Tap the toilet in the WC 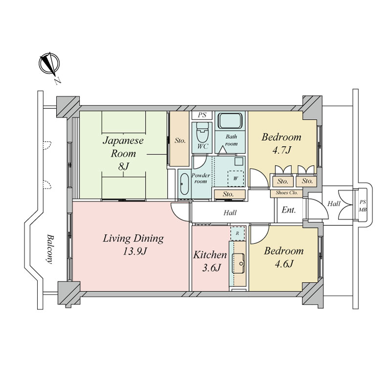pyautogui.click(x=202, y=132)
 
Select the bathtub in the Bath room pyautogui.click(x=230, y=121)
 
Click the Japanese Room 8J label pyautogui.click(x=123, y=153)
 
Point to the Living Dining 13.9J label pyautogui.click(x=133, y=245)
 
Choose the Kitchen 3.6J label pyautogui.click(x=210, y=261)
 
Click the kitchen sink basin pyautogui.click(x=239, y=263)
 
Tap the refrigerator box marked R pyautogui.click(x=238, y=234)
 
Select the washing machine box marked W pyautogui.click(x=236, y=178)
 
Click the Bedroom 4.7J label pyautogui.click(x=282, y=143)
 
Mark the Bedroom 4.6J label pyautogui.click(x=284, y=257)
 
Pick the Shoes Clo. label pyautogui.click(x=287, y=193)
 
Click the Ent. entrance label pyautogui.click(x=288, y=210)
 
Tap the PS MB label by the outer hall pyautogui.click(x=363, y=206)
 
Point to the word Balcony pyautogui.click(x=50, y=249)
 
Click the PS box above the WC pyautogui.click(x=202, y=115)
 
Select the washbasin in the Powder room pyautogui.click(x=184, y=184)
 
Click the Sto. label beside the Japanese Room pyautogui.click(x=180, y=141)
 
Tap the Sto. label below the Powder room pyautogui.click(x=228, y=194)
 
